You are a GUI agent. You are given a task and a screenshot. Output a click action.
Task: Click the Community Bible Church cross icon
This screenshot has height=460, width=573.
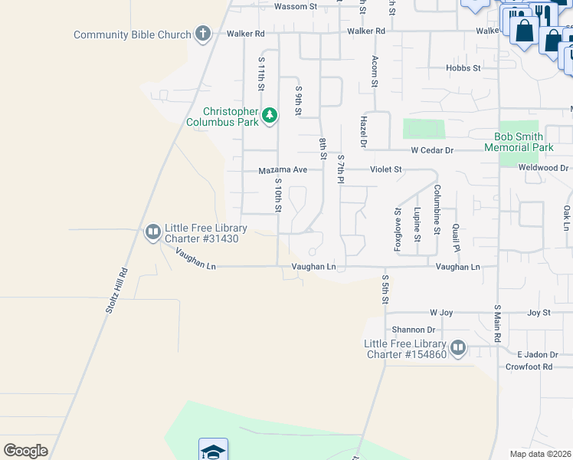pyautogui.click(x=202, y=34)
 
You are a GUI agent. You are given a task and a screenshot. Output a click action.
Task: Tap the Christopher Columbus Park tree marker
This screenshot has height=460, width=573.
pyautogui.click(x=269, y=116)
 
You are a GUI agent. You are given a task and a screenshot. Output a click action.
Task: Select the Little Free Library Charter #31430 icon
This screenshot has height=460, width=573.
pyautogui.click(x=152, y=231)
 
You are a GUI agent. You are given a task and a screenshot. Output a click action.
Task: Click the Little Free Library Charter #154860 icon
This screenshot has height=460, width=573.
pyautogui.click(x=458, y=348)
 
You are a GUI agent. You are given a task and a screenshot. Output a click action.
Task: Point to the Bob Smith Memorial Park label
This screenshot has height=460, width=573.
pyautogui.click(x=523, y=142)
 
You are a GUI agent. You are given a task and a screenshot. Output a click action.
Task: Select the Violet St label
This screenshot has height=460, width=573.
pyautogui.click(x=386, y=169)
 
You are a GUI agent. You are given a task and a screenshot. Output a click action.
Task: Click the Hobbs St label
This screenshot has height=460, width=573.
pyautogui.click(x=463, y=68)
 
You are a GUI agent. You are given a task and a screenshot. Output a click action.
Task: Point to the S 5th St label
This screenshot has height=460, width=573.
pyautogui.click(x=386, y=289)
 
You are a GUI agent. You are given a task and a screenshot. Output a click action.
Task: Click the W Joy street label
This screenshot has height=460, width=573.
pyautogui.click(x=442, y=313)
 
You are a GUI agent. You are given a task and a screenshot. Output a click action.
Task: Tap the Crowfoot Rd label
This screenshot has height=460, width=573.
pyautogui.click(x=529, y=367)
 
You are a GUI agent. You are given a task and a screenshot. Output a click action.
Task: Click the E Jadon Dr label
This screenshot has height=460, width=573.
pyautogui.click(x=535, y=354)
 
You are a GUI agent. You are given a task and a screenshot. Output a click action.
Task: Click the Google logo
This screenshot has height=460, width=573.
pyautogui.click(x=25, y=450)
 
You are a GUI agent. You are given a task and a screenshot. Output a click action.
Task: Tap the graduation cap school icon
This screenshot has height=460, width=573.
pyautogui.click(x=213, y=451)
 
